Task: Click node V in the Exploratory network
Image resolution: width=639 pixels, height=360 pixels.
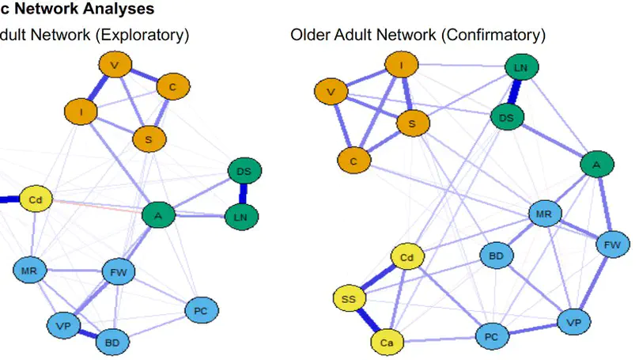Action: point(115,65)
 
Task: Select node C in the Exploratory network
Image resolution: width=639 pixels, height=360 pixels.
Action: point(172,88)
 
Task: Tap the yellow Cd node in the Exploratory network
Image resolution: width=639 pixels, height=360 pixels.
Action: point(35,200)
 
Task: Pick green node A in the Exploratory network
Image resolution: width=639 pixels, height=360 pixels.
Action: point(158,214)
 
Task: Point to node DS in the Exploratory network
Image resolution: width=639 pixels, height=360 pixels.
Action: point(244,171)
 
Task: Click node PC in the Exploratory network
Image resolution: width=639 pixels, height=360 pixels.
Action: point(201,310)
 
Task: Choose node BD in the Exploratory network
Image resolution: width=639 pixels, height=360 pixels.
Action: point(112,343)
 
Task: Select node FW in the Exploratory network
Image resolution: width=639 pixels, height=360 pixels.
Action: point(119,273)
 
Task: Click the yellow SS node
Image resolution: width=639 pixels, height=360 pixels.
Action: point(348,300)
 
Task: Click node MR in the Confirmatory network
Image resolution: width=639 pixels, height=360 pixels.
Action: point(544,214)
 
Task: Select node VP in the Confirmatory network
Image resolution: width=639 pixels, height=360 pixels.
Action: point(574,322)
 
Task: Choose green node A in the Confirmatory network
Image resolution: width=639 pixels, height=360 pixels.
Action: point(596,165)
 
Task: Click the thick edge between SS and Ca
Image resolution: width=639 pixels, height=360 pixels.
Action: point(367,320)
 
